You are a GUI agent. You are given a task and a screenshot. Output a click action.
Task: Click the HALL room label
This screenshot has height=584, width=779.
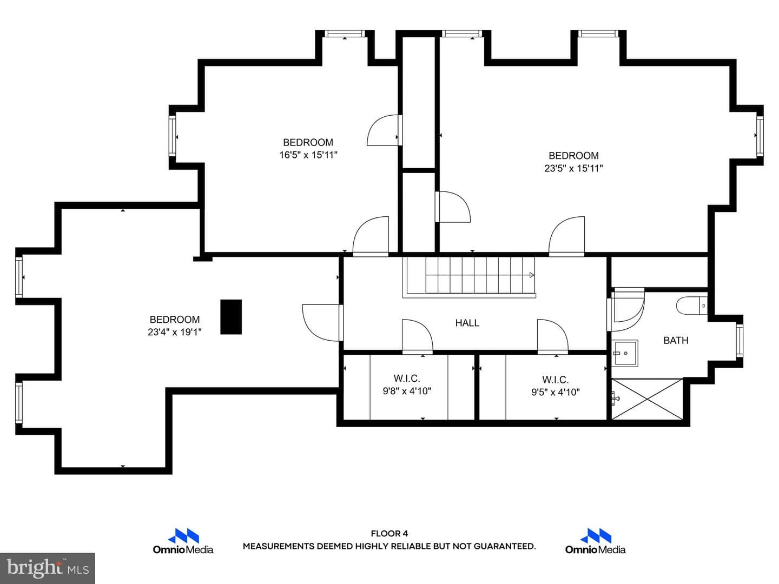[467, 323]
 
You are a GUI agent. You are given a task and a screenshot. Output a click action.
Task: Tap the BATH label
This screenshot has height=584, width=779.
[676, 341]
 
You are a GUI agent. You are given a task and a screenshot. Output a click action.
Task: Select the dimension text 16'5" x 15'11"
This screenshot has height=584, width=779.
[308, 155]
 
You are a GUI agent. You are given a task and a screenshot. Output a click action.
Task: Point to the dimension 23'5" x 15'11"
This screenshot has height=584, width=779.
[573, 168]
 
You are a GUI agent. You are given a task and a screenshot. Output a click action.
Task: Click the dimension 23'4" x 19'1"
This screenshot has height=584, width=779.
[175, 332]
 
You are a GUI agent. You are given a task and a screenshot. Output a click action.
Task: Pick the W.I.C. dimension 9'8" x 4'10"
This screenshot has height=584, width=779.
[407, 391]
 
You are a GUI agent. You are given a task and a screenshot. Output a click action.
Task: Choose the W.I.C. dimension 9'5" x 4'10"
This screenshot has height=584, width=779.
[556, 392]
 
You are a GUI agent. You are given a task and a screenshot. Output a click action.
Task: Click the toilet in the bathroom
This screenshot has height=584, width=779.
[692, 306]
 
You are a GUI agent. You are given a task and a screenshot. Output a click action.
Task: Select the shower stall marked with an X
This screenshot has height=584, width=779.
[647, 399]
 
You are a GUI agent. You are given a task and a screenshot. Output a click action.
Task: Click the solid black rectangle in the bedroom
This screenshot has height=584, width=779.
[231, 317]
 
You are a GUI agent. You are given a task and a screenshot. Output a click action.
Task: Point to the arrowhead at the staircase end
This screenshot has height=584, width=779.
[532, 275]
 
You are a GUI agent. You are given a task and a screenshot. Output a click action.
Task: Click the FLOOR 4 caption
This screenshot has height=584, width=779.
[389, 533]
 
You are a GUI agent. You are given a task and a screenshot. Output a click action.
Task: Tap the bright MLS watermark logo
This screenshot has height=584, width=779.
[48, 568]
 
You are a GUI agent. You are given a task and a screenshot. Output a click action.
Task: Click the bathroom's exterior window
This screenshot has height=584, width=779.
[740, 341]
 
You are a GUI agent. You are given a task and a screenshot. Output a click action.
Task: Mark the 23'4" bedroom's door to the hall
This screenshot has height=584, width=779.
[322, 323]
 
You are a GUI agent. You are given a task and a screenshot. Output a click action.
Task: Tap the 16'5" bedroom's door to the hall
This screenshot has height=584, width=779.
[371, 236]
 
